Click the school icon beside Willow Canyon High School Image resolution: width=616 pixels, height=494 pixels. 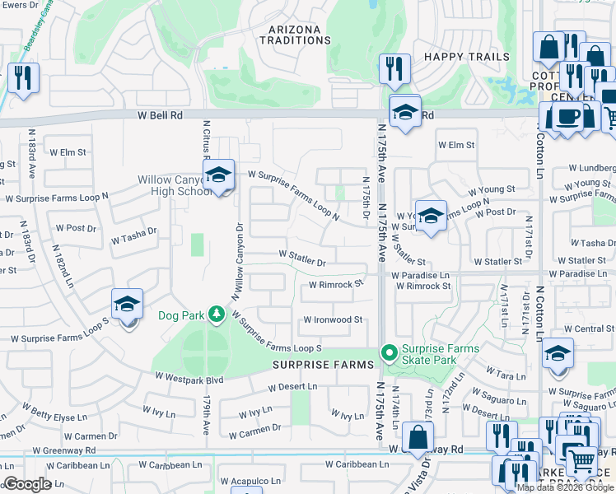[218, 175]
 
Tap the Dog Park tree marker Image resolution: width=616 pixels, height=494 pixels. [216, 314]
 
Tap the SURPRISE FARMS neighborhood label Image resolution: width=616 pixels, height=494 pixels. [318, 364]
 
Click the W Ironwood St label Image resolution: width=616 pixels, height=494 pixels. [333, 319]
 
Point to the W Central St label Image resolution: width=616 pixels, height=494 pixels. [589, 329]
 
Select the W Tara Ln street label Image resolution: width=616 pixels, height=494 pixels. [507, 375]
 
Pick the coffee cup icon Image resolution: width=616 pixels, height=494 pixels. [567, 117]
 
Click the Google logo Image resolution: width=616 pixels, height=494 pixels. [26, 485]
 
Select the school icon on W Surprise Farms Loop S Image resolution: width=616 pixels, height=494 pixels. [127, 305]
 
